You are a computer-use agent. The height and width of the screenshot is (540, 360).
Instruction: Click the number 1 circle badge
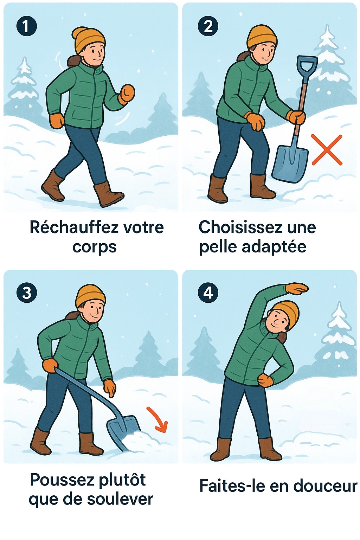point(26,26)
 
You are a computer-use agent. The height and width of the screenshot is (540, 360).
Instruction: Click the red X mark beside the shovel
point(327,150)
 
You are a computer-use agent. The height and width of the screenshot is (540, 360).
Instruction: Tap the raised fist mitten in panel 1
point(127,94)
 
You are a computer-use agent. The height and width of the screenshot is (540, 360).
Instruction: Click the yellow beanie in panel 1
point(89,39)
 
